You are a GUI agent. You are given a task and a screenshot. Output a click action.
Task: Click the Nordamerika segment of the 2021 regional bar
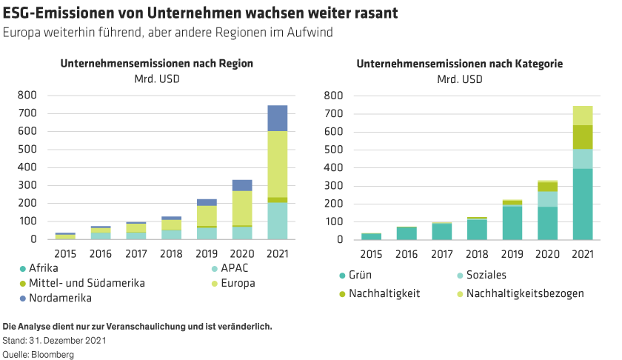(277, 118)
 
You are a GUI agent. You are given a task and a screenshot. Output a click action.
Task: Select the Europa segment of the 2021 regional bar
(277, 164)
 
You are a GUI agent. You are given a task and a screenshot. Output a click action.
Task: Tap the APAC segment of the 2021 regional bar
(277, 221)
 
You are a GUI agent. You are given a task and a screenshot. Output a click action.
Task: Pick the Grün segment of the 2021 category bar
(583, 204)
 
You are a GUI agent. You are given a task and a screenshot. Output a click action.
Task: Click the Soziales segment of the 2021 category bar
(583, 159)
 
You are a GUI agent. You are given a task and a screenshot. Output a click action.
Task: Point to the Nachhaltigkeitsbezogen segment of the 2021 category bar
(583, 116)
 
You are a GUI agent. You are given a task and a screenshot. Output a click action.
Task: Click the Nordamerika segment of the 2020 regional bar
(241, 185)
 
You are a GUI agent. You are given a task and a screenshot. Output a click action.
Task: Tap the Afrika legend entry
(44, 267)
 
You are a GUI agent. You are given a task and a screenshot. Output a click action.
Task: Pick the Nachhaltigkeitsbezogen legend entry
(524, 293)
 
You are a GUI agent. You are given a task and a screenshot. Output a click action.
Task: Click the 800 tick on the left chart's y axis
(27, 96)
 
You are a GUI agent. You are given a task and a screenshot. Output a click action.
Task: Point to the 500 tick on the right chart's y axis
(333, 150)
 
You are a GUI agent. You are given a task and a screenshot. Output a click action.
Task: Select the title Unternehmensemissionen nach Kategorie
(460, 64)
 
